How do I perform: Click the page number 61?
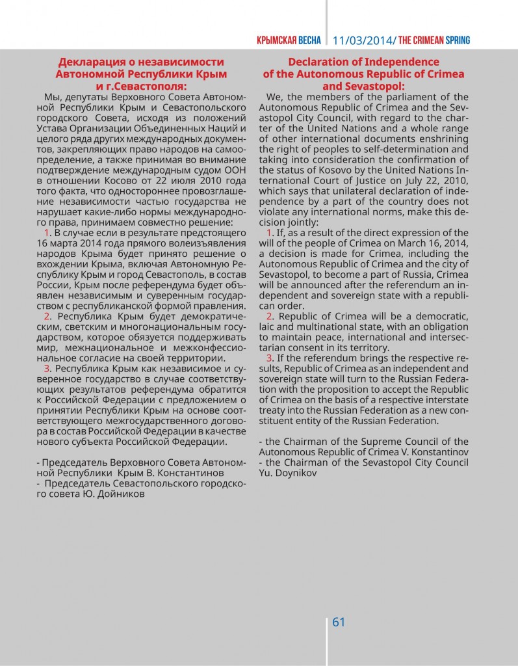[x=339, y=622]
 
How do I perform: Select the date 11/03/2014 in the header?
[x=363, y=40]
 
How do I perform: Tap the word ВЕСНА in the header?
[x=309, y=40]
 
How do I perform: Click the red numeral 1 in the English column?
[x=270, y=233]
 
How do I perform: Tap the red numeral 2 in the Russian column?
[x=47, y=316]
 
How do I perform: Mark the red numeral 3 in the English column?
[x=270, y=358]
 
